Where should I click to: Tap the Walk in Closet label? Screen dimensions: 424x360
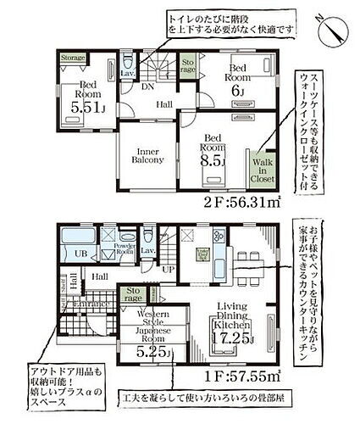pyautogui.click(x=258, y=172)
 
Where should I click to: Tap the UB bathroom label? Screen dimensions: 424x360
pyautogui.click(x=82, y=254)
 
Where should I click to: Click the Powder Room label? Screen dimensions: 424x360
pyautogui.click(x=125, y=252)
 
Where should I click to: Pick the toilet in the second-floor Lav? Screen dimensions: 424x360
pyautogui.click(x=127, y=64)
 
